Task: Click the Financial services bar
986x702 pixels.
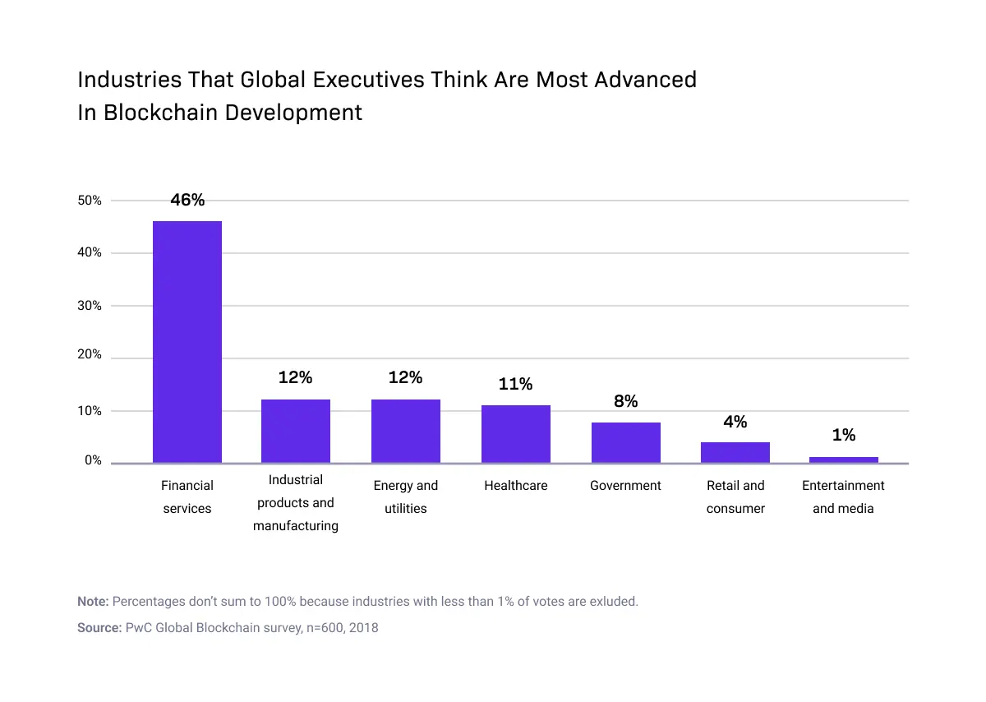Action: pos(187,341)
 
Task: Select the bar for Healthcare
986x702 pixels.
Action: pos(516,434)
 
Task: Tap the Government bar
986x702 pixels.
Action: pos(626,442)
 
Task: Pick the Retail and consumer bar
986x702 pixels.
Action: pos(735,452)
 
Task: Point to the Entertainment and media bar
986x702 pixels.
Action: pos(844,460)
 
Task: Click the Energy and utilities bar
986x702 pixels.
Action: pos(406,431)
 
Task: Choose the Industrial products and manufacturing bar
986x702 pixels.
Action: pos(296,431)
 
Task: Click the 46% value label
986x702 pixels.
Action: pos(187,200)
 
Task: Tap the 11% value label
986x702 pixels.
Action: pos(516,384)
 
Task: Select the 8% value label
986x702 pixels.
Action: pos(626,402)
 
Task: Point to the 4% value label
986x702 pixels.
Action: pos(735,422)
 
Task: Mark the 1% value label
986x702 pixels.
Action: pos(844,436)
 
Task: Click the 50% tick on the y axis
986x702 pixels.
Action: pos(90,201)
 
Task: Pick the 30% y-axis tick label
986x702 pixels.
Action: pos(90,306)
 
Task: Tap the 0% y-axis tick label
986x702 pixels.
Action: pos(93,461)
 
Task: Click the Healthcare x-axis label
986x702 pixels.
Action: pos(516,486)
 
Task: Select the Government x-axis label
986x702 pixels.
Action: pos(626,486)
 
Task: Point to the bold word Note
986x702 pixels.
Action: pos(92,602)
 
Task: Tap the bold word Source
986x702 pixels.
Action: pos(99,628)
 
